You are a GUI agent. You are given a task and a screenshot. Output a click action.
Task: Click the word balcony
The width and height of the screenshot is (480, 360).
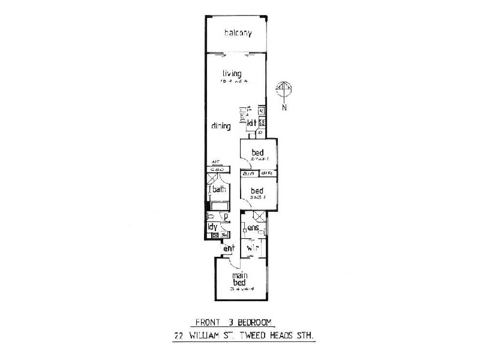[238, 33]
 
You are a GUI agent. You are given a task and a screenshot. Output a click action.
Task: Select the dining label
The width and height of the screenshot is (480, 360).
[221, 127]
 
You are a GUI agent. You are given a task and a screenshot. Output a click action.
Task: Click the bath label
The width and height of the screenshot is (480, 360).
[218, 190]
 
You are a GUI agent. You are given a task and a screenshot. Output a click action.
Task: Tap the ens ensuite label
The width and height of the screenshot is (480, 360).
[253, 228]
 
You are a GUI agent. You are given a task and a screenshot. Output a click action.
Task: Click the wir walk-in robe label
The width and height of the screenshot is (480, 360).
[253, 246]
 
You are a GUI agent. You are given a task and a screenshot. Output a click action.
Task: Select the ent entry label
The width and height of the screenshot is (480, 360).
[228, 248]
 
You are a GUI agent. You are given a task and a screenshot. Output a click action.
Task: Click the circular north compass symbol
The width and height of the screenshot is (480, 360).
[284, 89]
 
